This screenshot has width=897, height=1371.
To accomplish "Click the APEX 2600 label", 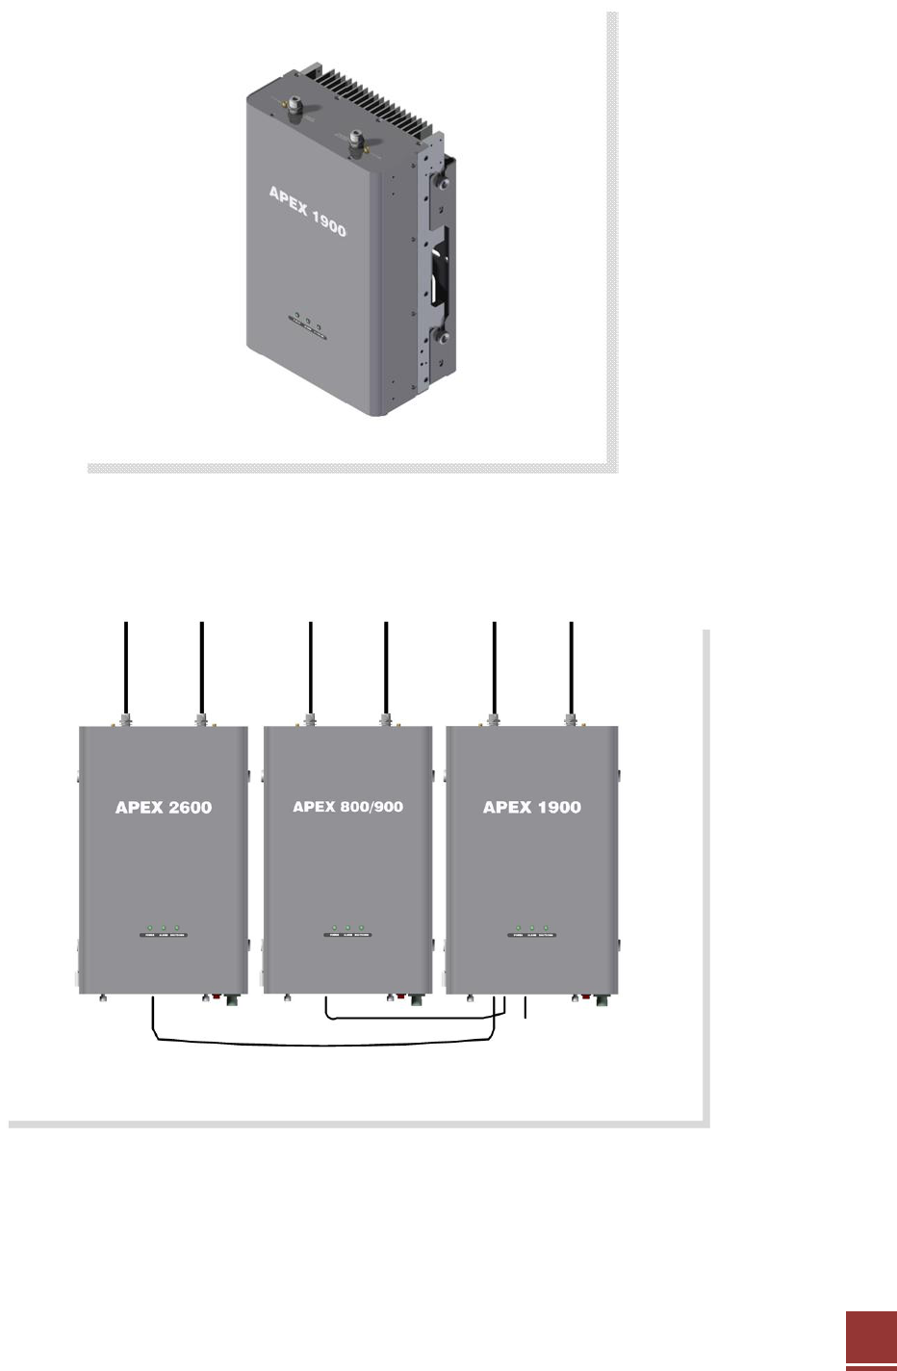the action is coord(164,808).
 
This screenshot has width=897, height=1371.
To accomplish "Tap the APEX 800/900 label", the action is coord(347,807).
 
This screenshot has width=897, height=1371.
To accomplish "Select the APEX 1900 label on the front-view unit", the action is coord(531,808).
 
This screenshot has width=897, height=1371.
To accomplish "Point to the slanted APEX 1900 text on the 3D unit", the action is coord(307,211).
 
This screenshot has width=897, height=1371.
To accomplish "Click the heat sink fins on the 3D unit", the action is coord(372,102).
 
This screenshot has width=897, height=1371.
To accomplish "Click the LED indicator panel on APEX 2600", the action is coord(164,932).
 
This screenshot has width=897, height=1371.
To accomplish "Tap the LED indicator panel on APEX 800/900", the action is coord(347,932).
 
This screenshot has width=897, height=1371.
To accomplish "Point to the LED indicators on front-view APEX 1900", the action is coord(531,932).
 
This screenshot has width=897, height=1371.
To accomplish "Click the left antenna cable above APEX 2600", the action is coord(126,669).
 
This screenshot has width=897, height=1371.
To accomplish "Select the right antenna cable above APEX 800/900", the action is coord(386,669).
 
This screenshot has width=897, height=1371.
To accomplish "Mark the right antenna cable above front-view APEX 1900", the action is coord(572,669).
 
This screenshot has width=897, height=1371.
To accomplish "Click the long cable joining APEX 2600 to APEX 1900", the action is coord(322,1043).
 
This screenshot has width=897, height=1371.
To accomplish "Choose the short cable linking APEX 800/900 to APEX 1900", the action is coord(414,1017).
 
